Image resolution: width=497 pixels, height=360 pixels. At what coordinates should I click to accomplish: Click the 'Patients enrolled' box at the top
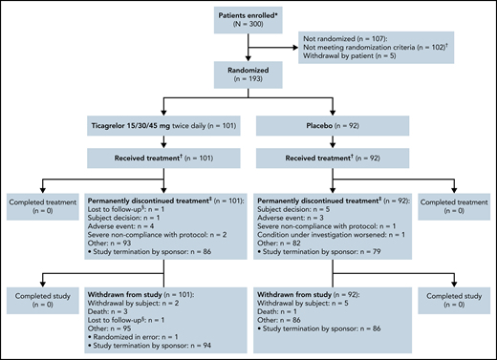click(249, 25)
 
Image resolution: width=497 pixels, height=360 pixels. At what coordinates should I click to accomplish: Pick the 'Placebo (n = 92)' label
click(324, 126)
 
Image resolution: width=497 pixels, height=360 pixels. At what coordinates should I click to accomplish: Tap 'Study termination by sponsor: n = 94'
click(153, 348)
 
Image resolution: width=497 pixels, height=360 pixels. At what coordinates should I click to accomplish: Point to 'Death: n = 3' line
click(114, 310)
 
